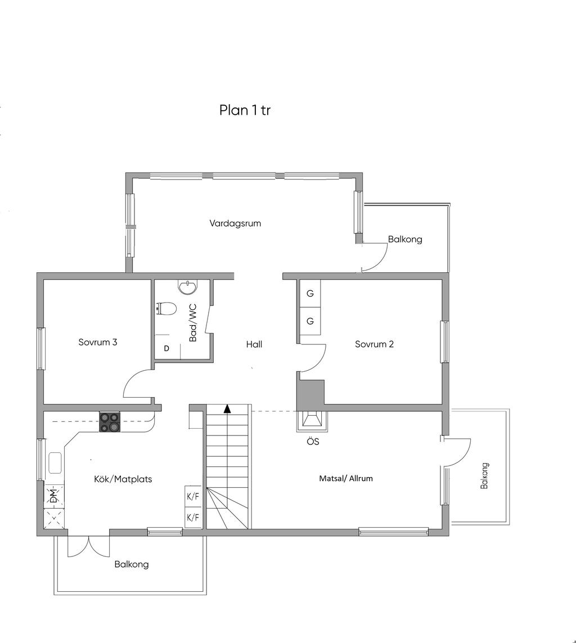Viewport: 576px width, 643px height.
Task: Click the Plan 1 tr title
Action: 245,110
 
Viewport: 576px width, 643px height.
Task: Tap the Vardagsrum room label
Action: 235,223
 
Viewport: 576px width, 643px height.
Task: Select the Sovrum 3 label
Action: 98,342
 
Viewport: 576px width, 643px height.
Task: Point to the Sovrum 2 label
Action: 374,344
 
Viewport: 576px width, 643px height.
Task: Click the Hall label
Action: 254,344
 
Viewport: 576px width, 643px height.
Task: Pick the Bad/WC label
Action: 193,323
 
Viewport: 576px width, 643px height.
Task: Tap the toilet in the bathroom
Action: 166,308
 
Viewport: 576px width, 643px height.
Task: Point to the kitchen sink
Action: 55,463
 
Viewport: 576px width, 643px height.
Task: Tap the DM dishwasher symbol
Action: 54,496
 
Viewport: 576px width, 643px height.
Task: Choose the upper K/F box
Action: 193,497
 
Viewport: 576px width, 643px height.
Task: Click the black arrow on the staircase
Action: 227,408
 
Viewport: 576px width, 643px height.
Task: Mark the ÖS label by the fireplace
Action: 313,442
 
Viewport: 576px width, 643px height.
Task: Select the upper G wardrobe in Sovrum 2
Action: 310,294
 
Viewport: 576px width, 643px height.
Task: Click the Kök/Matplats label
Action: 123,479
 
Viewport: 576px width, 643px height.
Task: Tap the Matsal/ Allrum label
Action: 346,478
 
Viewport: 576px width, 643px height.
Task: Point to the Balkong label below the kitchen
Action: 132,565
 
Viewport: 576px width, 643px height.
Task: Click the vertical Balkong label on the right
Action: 484,476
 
